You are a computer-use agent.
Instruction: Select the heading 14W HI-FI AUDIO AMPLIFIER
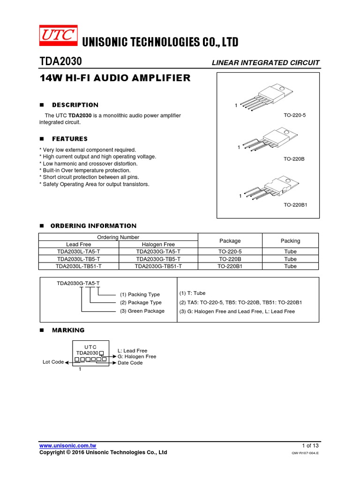coord(115,78)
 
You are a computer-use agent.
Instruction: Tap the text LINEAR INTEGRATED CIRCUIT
coord(265,63)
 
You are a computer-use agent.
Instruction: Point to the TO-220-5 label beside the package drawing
coord(294,115)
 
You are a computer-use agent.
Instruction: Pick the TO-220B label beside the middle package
coord(294,159)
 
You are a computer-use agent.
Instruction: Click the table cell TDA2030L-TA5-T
coord(78,252)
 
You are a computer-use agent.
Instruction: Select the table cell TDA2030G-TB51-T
coord(158,266)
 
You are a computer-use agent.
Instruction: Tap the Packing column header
coord(290,241)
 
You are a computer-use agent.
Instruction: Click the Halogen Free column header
coord(158,245)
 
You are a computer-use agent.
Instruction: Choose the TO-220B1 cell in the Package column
coord(230,266)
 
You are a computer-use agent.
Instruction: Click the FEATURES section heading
coord(69,139)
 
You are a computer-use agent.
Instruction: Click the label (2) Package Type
coord(141,303)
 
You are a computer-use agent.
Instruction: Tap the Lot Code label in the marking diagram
coord(53,362)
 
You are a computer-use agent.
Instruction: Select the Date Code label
coord(130,363)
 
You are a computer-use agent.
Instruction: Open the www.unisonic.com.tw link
coord(67,445)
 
